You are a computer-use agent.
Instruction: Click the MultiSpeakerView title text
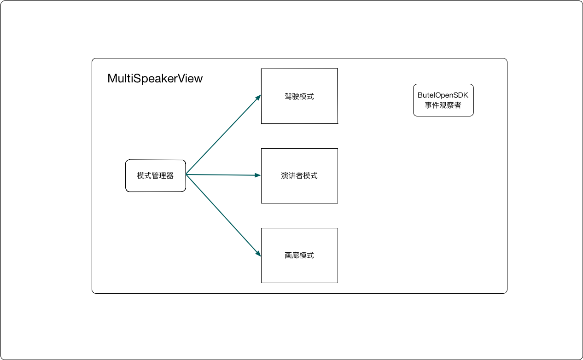(x=155, y=78)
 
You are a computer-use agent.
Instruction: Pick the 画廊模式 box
(x=299, y=269)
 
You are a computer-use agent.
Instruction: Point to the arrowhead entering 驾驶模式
(x=258, y=97)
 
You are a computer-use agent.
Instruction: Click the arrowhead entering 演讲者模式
(x=258, y=175)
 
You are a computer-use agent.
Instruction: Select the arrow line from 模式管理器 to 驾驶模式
(x=223, y=135)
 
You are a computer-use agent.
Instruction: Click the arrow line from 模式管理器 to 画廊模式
(x=223, y=214)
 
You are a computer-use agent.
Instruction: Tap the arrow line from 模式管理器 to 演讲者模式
(x=223, y=175)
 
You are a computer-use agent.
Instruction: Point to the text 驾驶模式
(x=299, y=97)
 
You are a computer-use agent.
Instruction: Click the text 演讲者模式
(x=299, y=176)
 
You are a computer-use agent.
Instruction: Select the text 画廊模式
(x=299, y=255)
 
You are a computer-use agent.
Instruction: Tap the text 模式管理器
(x=155, y=176)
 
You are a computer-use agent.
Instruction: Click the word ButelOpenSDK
(x=443, y=95)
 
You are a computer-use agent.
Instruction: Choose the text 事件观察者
(x=443, y=105)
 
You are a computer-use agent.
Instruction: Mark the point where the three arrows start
(x=186, y=174)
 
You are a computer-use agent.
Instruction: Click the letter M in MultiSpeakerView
(x=111, y=78)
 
